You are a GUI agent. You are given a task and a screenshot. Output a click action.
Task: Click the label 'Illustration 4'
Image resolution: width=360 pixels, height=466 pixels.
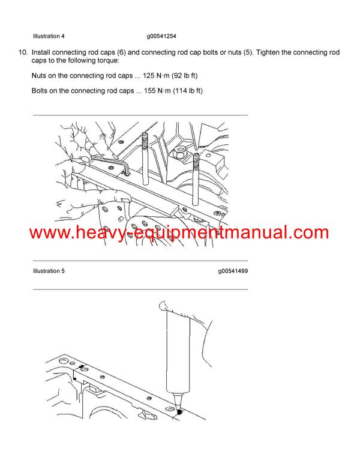tap(49, 36)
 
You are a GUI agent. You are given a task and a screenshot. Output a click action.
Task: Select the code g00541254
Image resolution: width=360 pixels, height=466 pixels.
tap(161, 36)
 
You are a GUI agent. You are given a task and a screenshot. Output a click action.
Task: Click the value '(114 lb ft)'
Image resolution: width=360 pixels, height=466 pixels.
tap(191, 91)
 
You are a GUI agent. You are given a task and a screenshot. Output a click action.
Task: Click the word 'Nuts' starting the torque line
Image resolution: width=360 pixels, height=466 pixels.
tap(39, 75)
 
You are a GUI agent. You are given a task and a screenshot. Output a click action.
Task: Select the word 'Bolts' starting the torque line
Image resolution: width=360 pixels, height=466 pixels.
tap(40, 91)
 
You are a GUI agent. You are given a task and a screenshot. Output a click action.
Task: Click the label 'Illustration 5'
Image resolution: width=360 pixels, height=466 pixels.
tap(49, 271)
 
